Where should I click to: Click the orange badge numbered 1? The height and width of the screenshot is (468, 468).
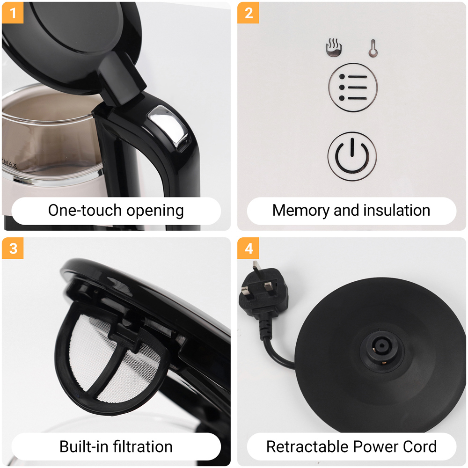click(x=13, y=13)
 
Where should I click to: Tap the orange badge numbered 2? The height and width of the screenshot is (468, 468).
click(x=248, y=13)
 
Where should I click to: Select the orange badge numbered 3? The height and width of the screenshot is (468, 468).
click(x=13, y=248)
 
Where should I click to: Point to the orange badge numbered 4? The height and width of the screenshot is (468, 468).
click(x=248, y=248)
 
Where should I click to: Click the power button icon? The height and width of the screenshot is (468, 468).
click(x=352, y=156)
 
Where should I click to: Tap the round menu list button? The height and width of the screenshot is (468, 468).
click(x=353, y=88)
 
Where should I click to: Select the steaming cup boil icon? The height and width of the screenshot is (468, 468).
click(x=334, y=47)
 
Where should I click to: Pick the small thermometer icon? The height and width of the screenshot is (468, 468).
click(x=373, y=48)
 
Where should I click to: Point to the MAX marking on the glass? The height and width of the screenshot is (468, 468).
click(x=10, y=164)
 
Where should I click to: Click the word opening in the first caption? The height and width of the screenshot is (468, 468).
click(x=155, y=211)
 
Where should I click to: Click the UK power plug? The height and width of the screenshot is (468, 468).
click(x=263, y=294)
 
